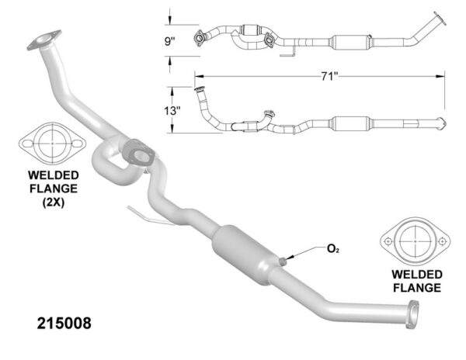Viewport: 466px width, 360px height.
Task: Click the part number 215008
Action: [64, 320]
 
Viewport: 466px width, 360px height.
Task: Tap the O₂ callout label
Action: [332, 249]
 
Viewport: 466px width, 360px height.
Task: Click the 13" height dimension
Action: [174, 110]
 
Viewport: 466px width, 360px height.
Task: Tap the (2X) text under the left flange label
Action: [51, 203]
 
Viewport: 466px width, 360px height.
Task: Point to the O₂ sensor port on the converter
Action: [287, 256]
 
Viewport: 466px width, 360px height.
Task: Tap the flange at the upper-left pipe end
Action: [46, 39]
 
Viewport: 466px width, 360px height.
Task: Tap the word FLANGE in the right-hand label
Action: [416, 288]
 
